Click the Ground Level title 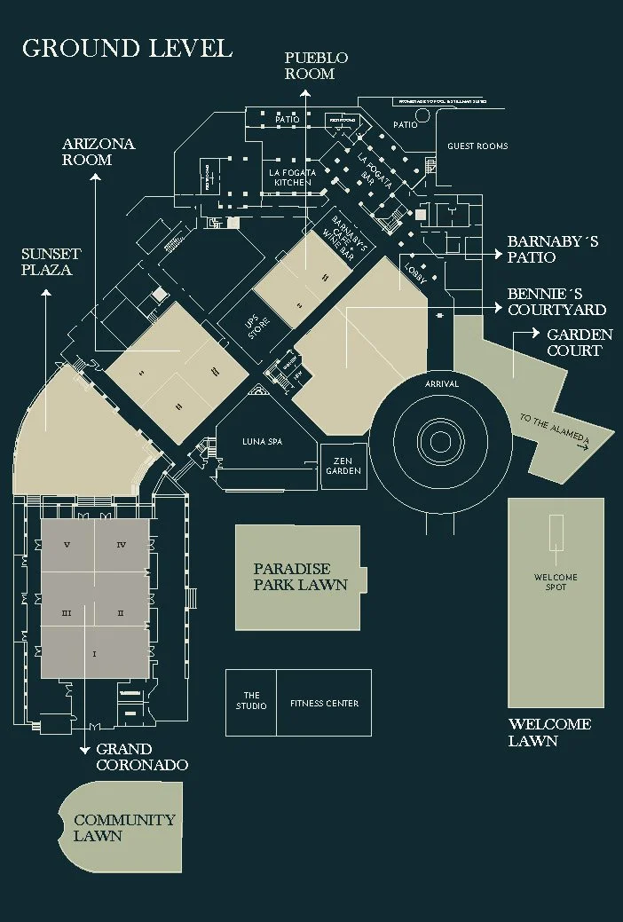(x=127, y=48)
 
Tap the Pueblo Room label (x=316, y=66)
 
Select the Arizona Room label (x=99, y=152)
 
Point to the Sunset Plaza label (x=51, y=262)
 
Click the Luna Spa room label (x=262, y=442)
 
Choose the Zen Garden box (x=346, y=466)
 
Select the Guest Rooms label (x=477, y=146)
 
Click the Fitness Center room (x=324, y=704)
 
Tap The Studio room (x=251, y=701)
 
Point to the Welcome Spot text (x=556, y=582)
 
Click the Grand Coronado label (x=142, y=757)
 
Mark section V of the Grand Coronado (x=66, y=544)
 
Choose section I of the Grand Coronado (x=94, y=654)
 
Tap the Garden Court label (x=580, y=343)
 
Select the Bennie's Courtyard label (x=556, y=302)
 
